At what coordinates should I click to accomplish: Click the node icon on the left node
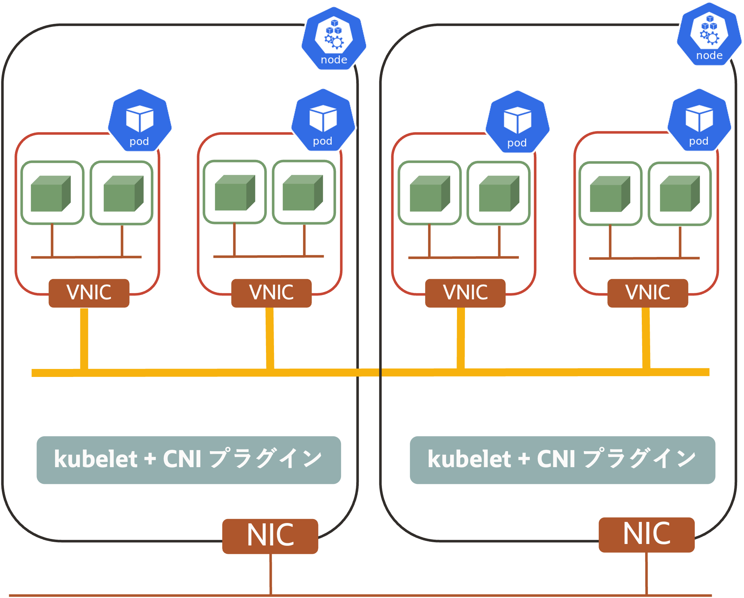click(334, 38)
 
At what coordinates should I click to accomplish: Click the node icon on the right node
click(709, 34)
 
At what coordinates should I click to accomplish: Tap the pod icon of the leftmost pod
click(140, 120)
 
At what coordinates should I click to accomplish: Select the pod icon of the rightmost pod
click(699, 120)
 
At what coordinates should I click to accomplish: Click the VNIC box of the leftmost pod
click(89, 293)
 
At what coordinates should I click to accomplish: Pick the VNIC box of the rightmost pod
click(648, 293)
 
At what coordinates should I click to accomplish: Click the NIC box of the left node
click(270, 536)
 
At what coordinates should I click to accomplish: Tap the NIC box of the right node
click(647, 535)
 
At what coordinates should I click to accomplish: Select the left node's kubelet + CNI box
click(189, 460)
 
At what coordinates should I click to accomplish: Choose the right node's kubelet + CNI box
click(562, 460)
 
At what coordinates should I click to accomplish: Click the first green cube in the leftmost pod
click(51, 194)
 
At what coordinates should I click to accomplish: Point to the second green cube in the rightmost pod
click(680, 194)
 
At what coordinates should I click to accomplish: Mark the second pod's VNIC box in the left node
click(271, 293)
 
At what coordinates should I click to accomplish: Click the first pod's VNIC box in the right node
click(465, 293)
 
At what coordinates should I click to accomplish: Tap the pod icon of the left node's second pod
click(323, 120)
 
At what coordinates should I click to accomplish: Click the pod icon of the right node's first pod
click(518, 122)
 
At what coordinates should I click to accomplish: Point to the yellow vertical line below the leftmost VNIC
click(84, 339)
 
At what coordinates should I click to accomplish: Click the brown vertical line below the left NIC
click(270, 574)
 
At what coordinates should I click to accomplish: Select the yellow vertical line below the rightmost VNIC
click(646, 338)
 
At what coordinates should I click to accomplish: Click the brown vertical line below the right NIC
click(647, 573)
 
